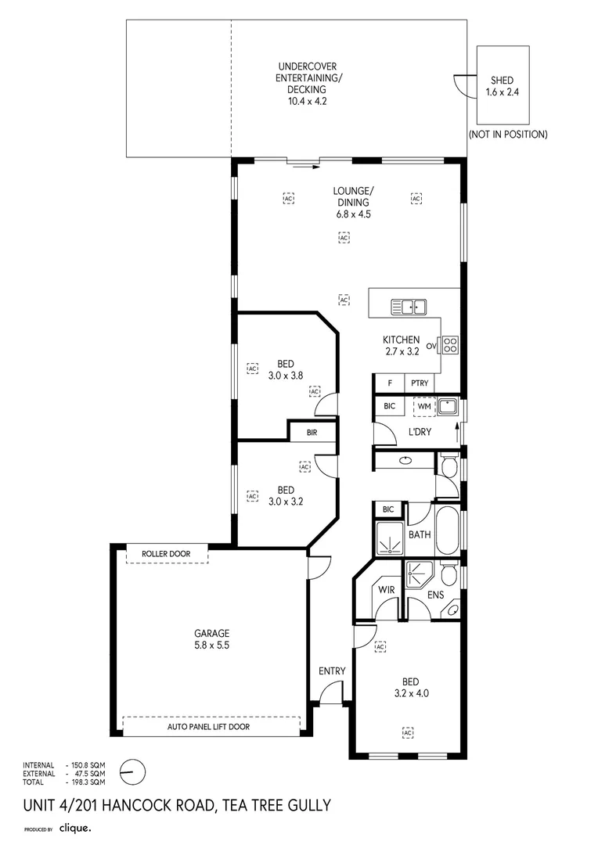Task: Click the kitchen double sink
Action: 409,307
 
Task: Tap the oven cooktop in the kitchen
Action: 451,345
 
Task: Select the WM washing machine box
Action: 424,406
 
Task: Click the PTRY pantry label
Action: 420,383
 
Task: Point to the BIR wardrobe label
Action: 312,432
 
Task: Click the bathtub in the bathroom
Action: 448,530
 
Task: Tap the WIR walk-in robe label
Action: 386,590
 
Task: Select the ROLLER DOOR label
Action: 166,553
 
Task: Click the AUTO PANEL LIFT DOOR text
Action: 209,726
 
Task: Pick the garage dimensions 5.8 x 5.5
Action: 212,645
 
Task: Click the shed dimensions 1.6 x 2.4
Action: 502,92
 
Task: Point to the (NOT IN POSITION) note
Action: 508,135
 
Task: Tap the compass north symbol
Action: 132,773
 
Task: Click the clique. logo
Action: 75,828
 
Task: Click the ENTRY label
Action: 332,671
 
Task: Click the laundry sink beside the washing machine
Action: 448,406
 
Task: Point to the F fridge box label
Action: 390,383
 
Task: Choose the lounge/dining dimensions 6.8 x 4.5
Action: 354,214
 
